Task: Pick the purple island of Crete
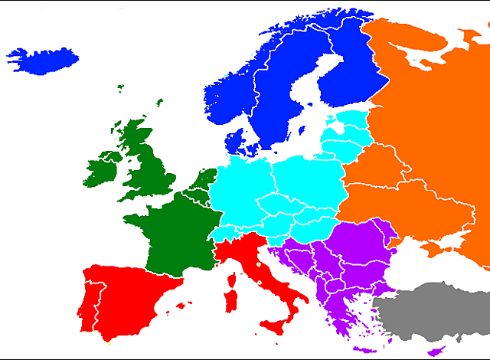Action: (364, 351)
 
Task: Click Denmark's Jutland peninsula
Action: (234, 142)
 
